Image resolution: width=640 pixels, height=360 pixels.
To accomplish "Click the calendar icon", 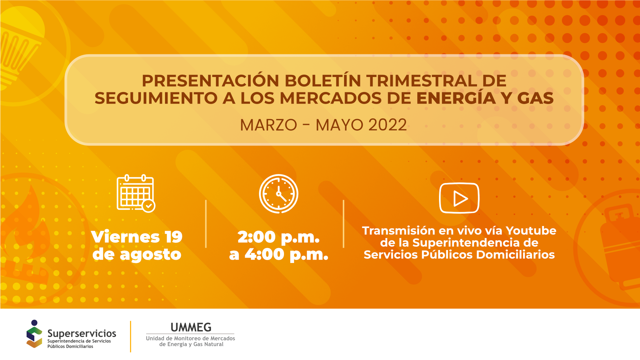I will (x=135, y=193).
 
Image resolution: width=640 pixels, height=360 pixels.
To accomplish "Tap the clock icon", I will (x=279, y=194).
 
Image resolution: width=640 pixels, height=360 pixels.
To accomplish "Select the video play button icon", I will (x=459, y=198).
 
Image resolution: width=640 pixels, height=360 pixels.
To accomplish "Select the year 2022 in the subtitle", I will (x=387, y=125).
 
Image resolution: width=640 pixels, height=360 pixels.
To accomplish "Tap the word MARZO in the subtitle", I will (x=268, y=125).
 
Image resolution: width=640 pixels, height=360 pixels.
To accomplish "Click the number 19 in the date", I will (x=174, y=237).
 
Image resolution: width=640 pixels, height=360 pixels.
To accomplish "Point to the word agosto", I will (x=150, y=255).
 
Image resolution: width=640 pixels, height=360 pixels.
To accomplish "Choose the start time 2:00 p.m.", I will (x=278, y=237).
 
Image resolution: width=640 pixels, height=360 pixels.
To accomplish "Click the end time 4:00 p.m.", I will (x=286, y=255).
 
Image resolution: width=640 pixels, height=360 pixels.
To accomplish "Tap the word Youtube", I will (x=531, y=231).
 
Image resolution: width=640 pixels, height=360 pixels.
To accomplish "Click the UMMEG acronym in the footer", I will (x=191, y=327).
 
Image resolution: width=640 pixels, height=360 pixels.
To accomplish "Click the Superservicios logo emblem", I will (x=34, y=334).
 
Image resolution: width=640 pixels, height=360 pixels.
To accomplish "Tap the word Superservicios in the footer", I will (x=82, y=333).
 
